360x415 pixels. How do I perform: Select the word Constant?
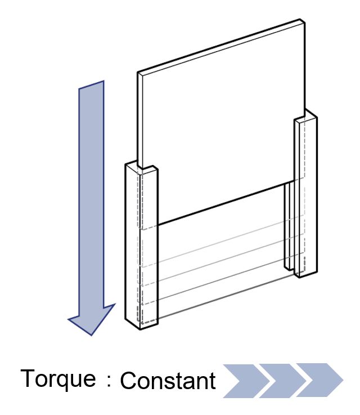pos(168,380)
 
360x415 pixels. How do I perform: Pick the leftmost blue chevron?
pos(246,381)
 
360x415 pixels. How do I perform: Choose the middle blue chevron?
pos(283,381)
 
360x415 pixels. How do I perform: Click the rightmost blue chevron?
pos(319,380)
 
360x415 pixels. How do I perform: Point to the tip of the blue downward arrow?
pos(92,336)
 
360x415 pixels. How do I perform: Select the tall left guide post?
pos(141,246)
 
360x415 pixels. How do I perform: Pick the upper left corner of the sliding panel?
pos(138,72)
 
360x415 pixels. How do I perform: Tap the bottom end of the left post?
pos(141,329)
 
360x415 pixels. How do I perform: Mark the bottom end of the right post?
pos(299,277)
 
